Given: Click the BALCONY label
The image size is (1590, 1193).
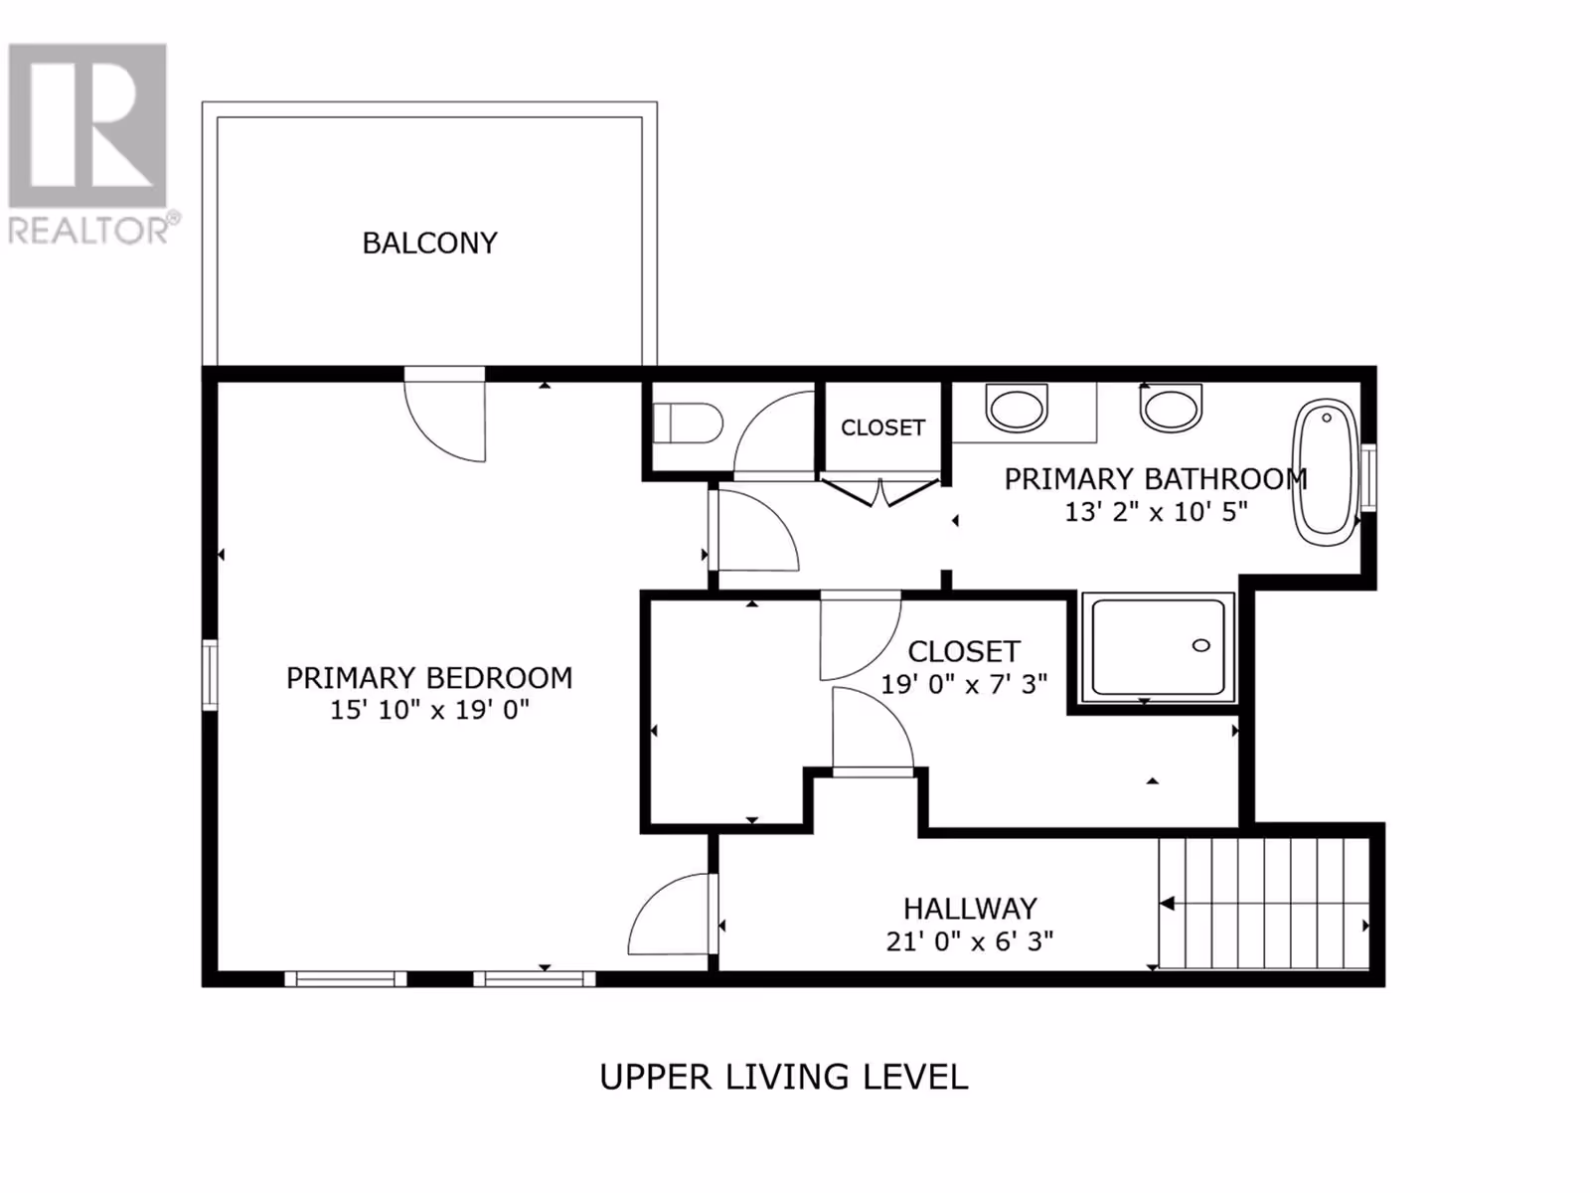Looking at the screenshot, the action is click(x=429, y=244).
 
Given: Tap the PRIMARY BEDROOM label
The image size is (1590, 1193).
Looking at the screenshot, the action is click(x=429, y=678).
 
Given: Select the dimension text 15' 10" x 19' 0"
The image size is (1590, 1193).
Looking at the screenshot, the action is click(x=429, y=710).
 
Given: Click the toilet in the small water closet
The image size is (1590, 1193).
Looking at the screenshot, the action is click(x=688, y=424).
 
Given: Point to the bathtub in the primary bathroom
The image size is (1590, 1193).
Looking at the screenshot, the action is click(x=1326, y=472).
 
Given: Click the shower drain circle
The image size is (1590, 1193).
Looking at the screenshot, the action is click(x=1201, y=645).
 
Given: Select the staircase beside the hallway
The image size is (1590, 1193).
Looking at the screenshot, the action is click(x=1264, y=903).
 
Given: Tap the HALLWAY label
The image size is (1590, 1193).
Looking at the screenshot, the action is click(x=970, y=909).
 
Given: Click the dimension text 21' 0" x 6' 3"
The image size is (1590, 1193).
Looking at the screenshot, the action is click(x=970, y=941).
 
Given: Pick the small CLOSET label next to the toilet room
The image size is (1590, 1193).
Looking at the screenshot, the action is click(x=883, y=427).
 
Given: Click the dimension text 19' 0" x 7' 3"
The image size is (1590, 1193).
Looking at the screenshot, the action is click(x=964, y=684).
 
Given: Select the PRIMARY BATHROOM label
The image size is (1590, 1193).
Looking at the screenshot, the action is click(x=1156, y=479).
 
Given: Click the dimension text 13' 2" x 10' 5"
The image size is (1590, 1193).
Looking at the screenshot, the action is click(x=1156, y=512).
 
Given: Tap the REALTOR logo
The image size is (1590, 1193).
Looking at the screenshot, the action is click(x=88, y=143).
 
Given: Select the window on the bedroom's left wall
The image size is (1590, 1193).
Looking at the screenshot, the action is click(x=210, y=674).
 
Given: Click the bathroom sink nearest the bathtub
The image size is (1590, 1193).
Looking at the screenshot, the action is click(x=1171, y=408).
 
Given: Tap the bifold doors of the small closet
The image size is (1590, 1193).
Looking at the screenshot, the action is click(x=880, y=491).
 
